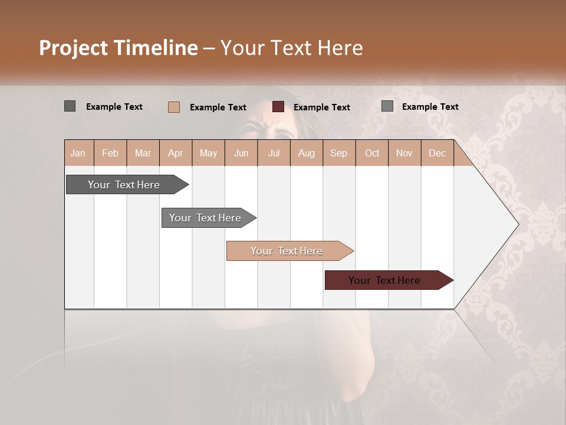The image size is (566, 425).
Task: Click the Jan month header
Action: point(78,153)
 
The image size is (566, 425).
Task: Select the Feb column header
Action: point(110,153)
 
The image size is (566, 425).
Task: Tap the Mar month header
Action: point(143,153)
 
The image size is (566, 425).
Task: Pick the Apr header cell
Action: point(175,153)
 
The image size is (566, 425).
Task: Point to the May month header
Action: point(208,153)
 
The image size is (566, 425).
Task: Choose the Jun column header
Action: point(241,153)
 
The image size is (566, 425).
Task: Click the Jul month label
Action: point(274,153)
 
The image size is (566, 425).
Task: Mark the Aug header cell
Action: point(306,153)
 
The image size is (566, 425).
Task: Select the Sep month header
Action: point(338,153)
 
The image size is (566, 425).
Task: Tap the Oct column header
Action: point(372,153)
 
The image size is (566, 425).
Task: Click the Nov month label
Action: point(404,153)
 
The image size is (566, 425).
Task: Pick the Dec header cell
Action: point(437,153)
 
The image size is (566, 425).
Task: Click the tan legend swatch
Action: point(174,107)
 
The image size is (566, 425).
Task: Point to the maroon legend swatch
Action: point(278,107)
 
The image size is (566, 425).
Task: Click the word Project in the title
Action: point(73,48)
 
